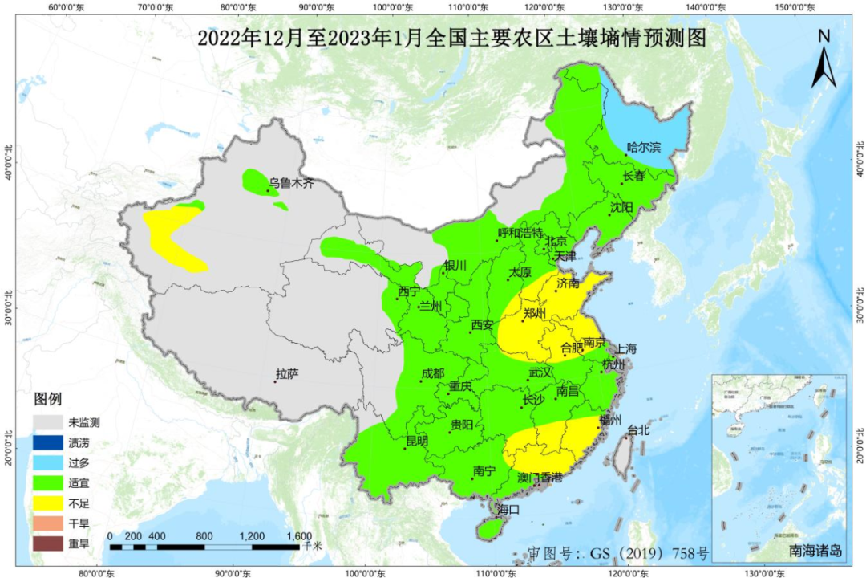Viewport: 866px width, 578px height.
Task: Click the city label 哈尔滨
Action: tap(644, 148)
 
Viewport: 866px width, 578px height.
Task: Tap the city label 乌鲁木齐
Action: tap(291, 184)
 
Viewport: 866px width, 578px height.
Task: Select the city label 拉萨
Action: tap(287, 374)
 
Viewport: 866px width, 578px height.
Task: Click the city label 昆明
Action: tap(417, 441)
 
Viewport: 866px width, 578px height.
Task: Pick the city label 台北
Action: tap(638, 430)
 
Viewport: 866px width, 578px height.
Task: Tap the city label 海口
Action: tap(508, 509)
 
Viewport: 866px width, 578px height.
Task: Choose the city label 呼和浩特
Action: tap(520, 233)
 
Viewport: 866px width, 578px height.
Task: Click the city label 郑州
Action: tap(534, 313)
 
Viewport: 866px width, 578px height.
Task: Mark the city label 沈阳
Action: tap(621, 207)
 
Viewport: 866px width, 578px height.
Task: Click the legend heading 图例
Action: tap(47, 399)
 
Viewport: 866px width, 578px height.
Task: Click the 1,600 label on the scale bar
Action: tap(298, 536)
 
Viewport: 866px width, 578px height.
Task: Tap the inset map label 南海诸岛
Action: tap(815, 551)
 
